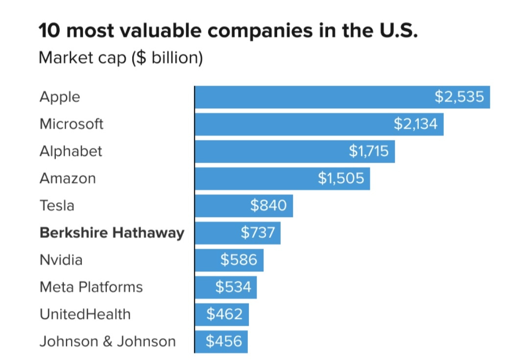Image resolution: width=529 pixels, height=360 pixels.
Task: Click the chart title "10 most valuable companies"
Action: coord(228,31)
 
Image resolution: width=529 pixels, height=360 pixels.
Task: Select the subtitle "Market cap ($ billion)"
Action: coord(120,57)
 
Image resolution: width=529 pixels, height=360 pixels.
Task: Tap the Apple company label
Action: coord(60,97)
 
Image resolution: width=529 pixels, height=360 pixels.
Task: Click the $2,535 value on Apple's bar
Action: coord(459,96)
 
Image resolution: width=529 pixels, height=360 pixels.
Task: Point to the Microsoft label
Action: coord(72,124)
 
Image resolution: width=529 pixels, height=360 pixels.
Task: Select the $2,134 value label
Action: coord(415,124)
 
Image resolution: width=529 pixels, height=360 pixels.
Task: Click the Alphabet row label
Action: coord(71,151)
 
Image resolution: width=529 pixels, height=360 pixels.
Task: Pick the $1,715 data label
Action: coord(368,151)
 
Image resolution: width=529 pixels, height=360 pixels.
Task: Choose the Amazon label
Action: coord(68,178)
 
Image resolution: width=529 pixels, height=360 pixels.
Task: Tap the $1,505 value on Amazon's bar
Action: coord(341,178)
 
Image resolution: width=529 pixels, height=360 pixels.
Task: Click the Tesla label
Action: coord(57,205)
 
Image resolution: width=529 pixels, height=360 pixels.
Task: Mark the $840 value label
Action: coord(268,205)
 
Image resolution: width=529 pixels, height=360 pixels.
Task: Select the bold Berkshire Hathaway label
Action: coord(112,233)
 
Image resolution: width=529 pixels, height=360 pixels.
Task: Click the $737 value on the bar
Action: coord(258,232)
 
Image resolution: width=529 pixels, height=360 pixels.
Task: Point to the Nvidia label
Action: coord(61,260)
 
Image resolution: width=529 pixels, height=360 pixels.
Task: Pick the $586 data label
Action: coord(239,260)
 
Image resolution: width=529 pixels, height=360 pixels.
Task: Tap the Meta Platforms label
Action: coord(91,287)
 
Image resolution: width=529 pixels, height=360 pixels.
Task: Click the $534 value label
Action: coord(234,287)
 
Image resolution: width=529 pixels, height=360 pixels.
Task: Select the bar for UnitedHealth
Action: coord(222,314)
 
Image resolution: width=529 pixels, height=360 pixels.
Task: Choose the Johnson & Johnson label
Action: coord(107,341)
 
